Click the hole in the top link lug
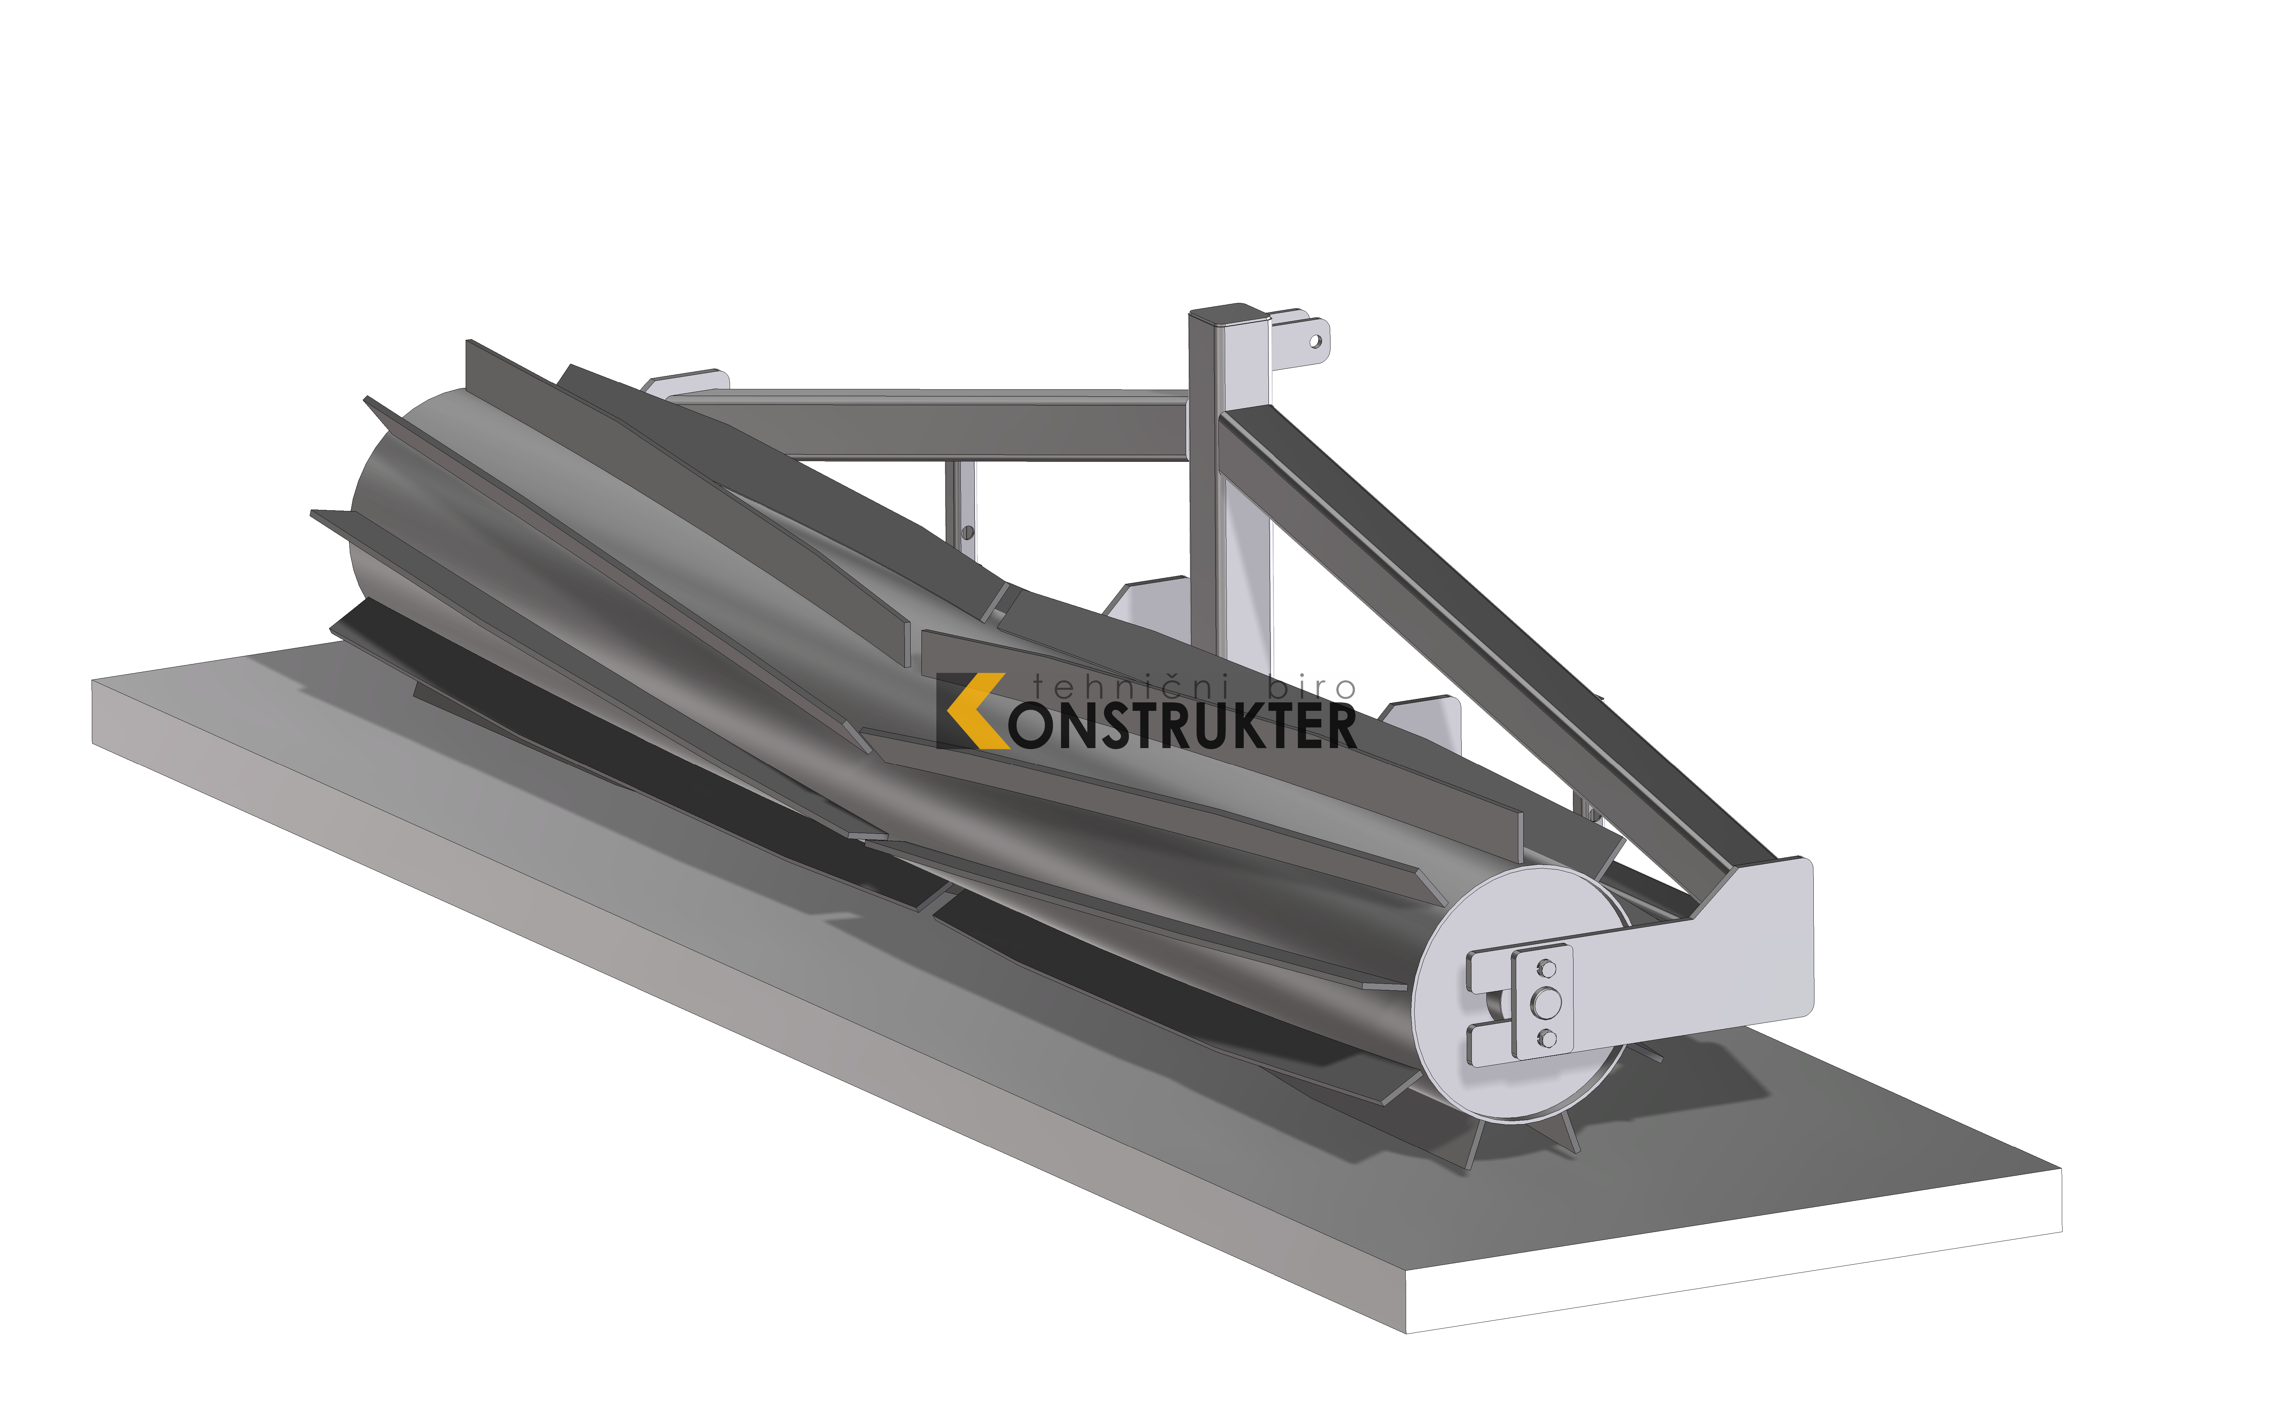pos(1315,341)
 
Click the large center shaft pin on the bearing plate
pos(1544,1004)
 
